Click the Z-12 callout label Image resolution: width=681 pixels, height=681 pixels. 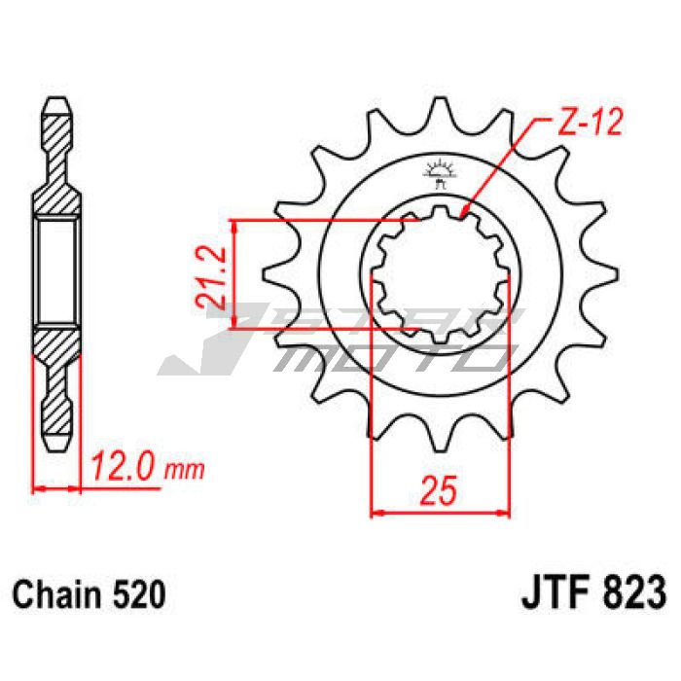point(590,122)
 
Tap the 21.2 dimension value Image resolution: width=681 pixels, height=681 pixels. point(211,277)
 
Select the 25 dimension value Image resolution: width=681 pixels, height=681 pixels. point(439,490)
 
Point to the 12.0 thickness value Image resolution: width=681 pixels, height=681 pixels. point(125,466)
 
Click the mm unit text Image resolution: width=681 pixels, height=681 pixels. point(184,470)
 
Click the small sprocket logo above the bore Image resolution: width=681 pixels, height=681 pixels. point(440,173)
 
